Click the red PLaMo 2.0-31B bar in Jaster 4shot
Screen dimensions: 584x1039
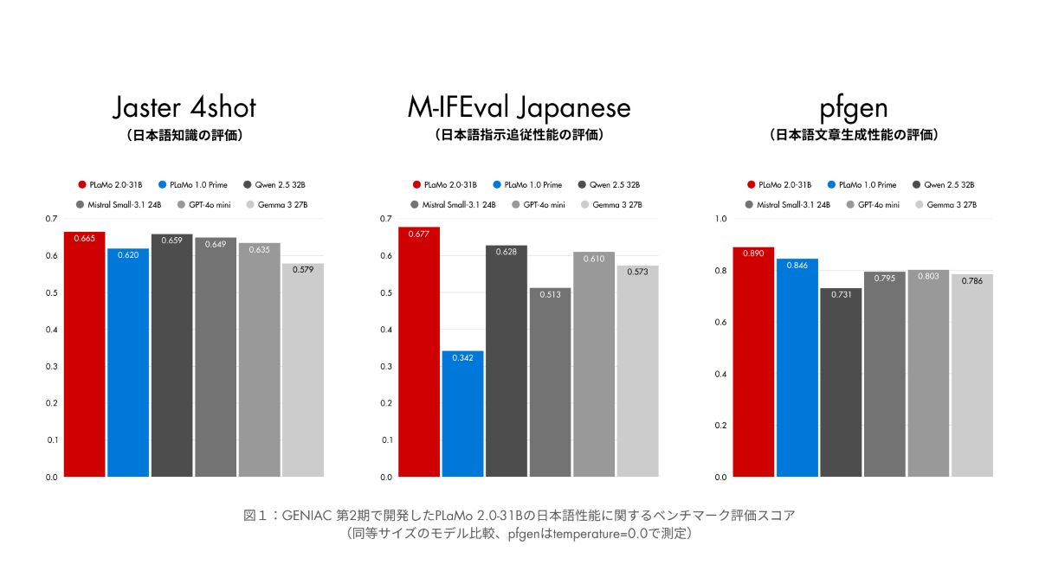pyautogui.click(x=84, y=355)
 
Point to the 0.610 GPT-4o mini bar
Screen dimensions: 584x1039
pyautogui.click(x=594, y=364)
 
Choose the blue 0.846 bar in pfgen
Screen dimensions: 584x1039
pyautogui.click(x=797, y=368)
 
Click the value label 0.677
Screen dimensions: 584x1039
pyautogui.click(x=419, y=234)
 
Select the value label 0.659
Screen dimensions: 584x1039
pyautogui.click(x=171, y=240)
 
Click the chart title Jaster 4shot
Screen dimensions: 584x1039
pyautogui.click(x=184, y=108)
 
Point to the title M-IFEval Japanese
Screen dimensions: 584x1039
pyautogui.click(x=519, y=108)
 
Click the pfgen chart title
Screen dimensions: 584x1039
pyautogui.click(x=853, y=108)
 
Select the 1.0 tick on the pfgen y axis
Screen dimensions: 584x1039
pyautogui.click(x=720, y=219)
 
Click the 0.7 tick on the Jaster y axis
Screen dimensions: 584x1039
pyautogui.click(x=51, y=219)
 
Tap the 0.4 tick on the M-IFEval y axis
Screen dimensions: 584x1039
pyautogui.click(x=386, y=330)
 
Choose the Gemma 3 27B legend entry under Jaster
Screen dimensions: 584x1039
pyautogui.click(x=278, y=204)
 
